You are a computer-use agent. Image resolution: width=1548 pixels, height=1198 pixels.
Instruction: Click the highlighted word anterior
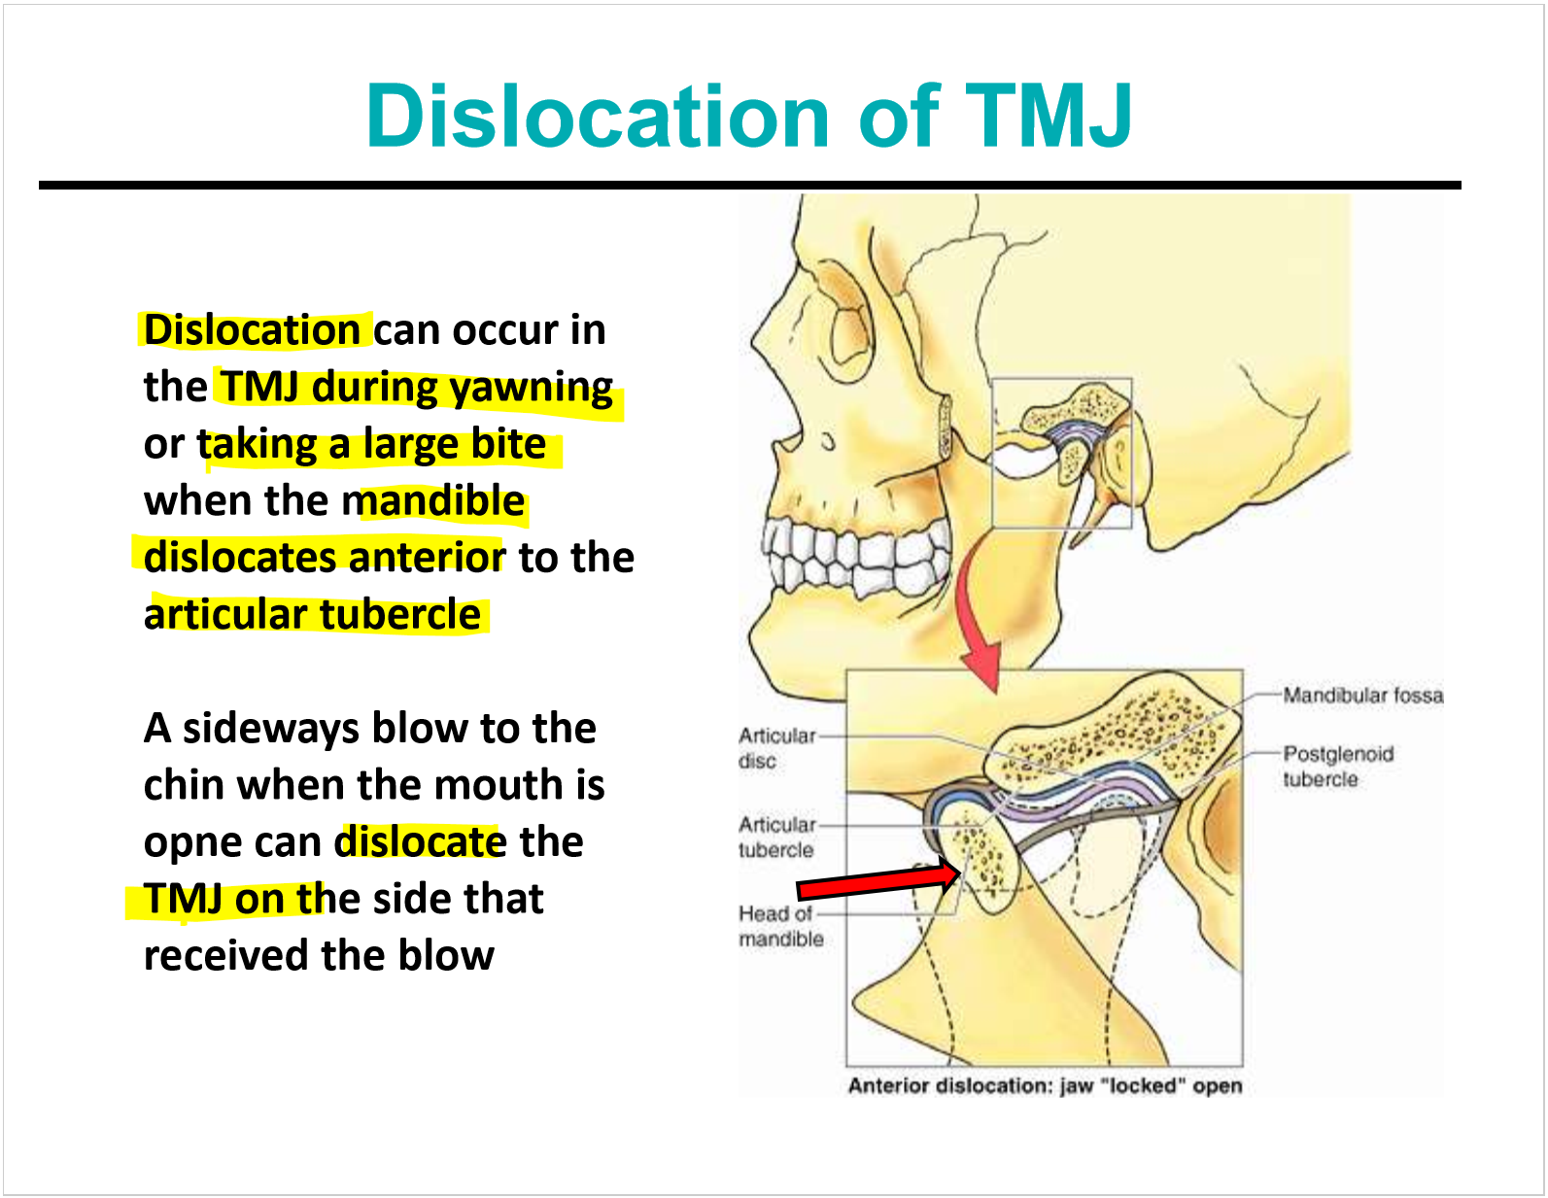427,558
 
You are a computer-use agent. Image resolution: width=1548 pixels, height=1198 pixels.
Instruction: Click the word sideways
270,729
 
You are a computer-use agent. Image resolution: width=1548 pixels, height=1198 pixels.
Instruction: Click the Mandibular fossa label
1362,696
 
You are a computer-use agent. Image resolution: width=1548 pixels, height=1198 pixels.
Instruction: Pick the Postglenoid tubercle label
1337,767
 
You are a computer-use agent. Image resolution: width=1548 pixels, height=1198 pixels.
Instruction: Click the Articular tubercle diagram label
776,837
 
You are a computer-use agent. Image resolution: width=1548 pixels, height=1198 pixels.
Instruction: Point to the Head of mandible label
780,926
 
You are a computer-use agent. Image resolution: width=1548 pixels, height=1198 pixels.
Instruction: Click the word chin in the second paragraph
183,786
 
